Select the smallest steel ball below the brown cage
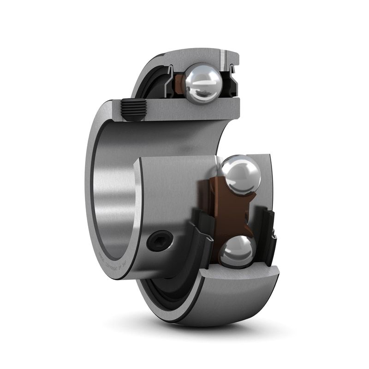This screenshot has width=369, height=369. point(237,251)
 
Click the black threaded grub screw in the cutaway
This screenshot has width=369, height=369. point(134,110)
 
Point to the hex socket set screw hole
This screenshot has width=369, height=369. point(159,241)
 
